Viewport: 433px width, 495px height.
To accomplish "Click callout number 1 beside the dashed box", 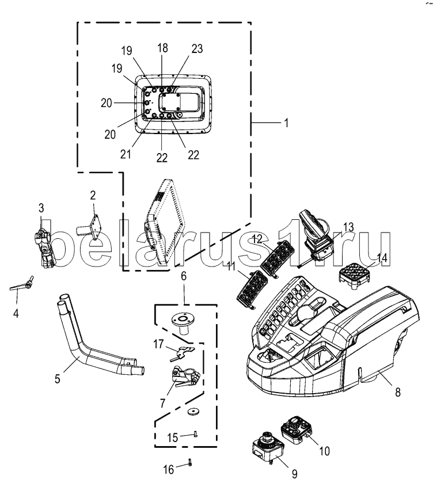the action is point(286,123).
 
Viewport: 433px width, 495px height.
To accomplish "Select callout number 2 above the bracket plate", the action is point(93,196).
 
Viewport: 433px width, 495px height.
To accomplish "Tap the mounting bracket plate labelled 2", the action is point(93,227).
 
